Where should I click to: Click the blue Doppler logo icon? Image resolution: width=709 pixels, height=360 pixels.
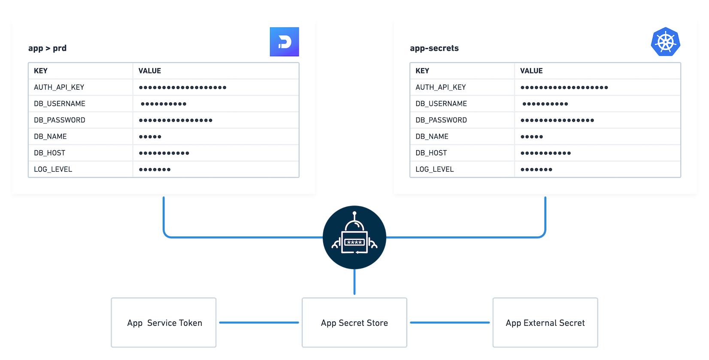(x=284, y=42)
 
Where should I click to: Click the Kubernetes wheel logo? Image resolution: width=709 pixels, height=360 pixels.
(x=665, y=42)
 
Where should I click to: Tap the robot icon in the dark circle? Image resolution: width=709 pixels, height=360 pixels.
(x=354, y=237)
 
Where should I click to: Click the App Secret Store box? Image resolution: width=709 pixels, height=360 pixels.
(x=354, y=323)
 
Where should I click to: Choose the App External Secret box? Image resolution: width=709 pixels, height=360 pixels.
(x=545, y=323)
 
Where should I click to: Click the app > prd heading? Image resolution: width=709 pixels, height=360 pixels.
(x=47, y=48)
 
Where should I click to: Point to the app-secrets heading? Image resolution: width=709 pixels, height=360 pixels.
(x=434, y=48)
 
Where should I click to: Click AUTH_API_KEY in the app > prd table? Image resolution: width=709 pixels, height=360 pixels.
(x=59, y=87)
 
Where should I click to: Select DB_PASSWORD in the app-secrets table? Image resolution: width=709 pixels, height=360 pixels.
(x=441, y=120)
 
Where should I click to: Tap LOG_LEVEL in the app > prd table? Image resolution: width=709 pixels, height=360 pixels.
(x=53, y=169)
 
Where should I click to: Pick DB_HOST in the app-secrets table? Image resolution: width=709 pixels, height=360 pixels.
(x=431, y=153)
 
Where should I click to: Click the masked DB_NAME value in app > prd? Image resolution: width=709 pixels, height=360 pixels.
(x=150, y=136)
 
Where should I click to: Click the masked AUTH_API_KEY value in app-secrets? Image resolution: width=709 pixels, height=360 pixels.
(x=564, y=87)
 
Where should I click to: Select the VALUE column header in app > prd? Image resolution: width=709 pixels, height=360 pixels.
(x=149, y=71)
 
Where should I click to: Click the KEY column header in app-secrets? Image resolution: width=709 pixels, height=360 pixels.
(x=422, y=71)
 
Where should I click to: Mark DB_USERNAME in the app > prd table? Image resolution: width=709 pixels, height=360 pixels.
(x=59, y=103)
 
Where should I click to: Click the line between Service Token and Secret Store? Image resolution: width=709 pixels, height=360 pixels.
(x=259, y=322)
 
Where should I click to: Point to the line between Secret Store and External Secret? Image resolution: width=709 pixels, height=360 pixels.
(x=450, y=322)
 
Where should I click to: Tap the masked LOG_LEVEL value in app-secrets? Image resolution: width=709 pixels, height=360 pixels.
(x=536, y=169)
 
